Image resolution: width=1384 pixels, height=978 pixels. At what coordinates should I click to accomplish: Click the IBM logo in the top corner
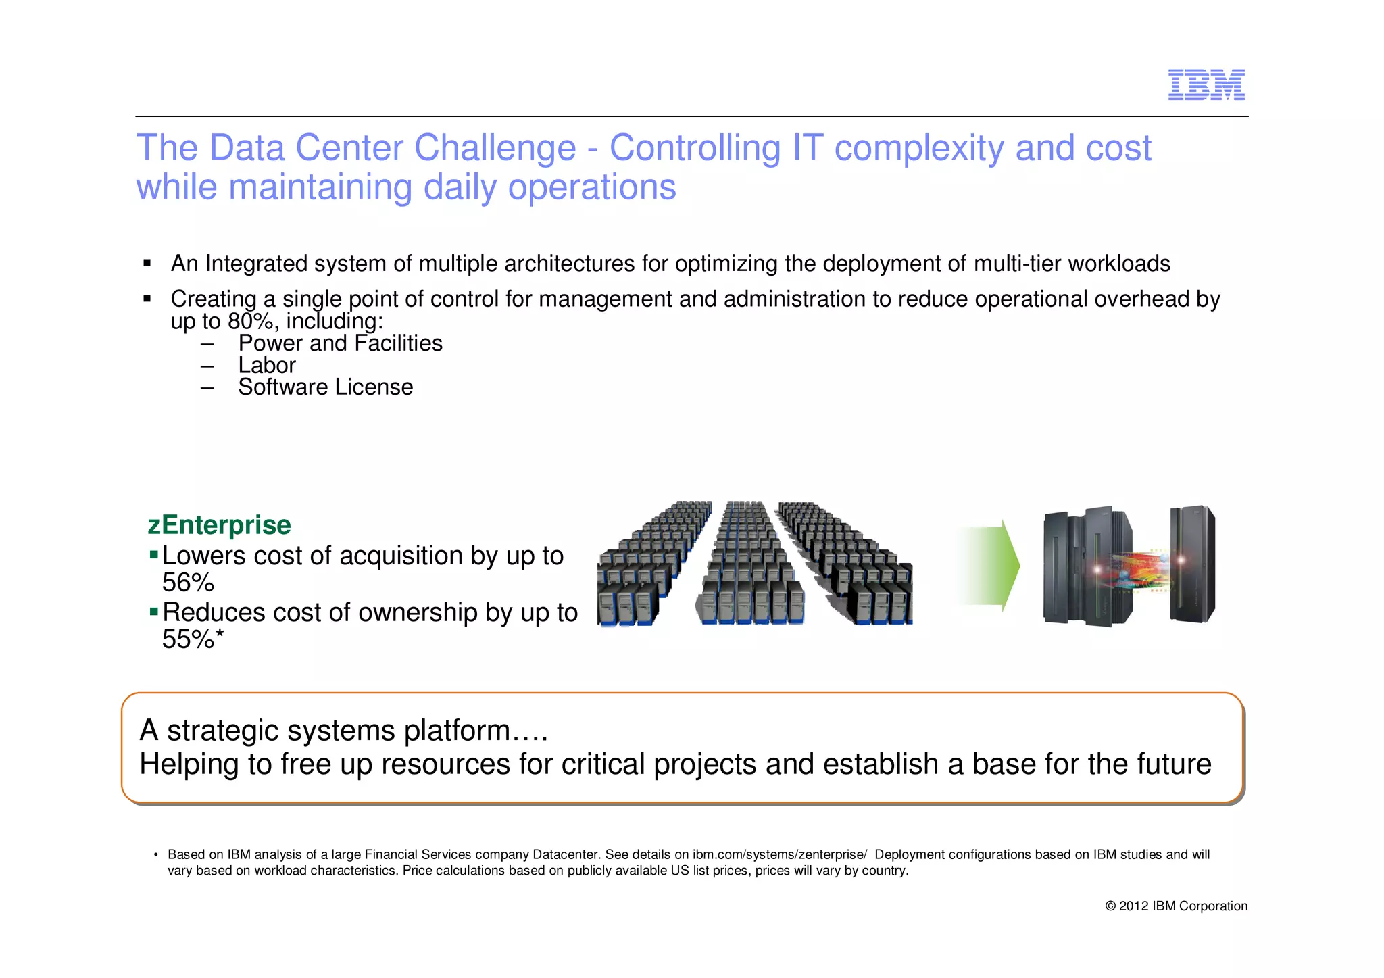pyautogui.click(x=1206, y=85)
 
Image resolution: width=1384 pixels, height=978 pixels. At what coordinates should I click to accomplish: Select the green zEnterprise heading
pyautogui.click(x=219, y=525)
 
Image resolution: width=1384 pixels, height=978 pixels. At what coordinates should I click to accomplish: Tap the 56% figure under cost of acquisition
pyautogui.click(x=188, y=583)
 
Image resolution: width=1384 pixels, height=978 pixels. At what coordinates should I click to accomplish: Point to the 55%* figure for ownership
pyautogui.click(x=193, y=639)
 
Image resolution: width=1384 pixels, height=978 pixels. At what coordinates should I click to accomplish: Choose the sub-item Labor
pyautogui.click(x=267, y=366)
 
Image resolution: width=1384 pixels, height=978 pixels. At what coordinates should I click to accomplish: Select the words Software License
pyautogui.click(x=325, y=387)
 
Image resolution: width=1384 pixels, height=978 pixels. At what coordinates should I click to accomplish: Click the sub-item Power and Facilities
pyautogui.click(x=340, y=343)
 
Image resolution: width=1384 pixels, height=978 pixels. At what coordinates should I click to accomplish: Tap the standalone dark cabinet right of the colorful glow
pyautogui.click(x=1193, y=564)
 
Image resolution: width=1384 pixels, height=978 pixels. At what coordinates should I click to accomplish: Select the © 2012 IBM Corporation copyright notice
pyautogui.click(x=1176, y=906)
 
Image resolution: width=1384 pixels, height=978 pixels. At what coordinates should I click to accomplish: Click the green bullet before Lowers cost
pyautogui.click(x=154, y=555)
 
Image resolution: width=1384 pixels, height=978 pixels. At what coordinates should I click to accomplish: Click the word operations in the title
pyautogui.click(x=592, y=187)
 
